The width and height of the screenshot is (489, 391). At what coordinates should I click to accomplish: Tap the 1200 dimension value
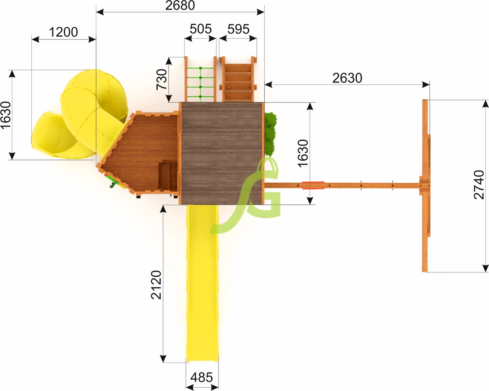click(x=64, y=32)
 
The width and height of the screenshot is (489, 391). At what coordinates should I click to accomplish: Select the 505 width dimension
click(x=200, y=29)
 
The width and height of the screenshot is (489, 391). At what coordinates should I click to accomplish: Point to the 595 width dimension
click(x=238, y=29)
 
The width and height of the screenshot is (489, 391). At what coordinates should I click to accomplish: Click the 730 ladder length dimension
click(x=162, y=80)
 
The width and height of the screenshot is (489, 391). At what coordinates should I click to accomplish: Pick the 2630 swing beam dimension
click(x=347, y=78)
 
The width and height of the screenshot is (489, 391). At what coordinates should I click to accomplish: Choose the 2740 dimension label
click(x=479, y=185)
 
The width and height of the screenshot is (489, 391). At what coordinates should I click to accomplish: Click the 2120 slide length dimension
click(x=156, y=285)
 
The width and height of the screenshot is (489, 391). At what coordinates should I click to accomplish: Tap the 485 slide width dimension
click(x=202, y=378)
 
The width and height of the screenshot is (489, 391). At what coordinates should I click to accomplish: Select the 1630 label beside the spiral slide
click(x=6, y=115)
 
